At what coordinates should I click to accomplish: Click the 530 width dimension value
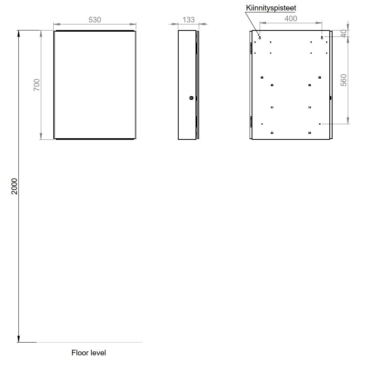coord(95,20)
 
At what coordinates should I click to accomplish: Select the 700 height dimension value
coord(36,85)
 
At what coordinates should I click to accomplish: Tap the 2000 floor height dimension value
coord(14,186)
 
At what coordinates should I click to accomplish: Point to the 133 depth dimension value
coord(188,20)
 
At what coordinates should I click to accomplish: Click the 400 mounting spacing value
coord(291,18)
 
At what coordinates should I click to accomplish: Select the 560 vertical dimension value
coord(344,80)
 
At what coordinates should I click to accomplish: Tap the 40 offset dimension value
coord(344,34)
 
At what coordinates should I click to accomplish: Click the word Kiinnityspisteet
coord(271,8)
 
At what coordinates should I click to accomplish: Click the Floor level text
coord(89,353)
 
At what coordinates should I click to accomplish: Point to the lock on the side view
coord(192,98)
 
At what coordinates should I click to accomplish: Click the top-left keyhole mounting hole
coord(260,38)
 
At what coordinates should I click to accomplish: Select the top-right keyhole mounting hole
coord(322,38)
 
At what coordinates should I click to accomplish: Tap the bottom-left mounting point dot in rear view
coord(262,124)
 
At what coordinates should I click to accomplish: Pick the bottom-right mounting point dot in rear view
coord(320,124)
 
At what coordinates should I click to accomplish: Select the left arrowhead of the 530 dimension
coord(57,24)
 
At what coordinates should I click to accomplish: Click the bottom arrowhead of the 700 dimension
coord(41,136)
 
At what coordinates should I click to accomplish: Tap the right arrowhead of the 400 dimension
coord(319,23)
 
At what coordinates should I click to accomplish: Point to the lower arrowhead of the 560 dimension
coord(348,121)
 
